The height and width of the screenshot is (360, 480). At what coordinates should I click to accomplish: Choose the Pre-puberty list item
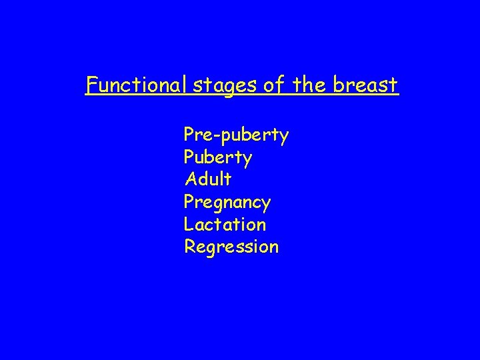tap(236, 136)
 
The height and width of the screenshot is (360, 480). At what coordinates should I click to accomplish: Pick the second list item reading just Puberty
tap(218, 159)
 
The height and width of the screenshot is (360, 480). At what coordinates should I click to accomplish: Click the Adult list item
tap(208, 179)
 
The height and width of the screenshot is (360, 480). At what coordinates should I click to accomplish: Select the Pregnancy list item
tap(227, 202)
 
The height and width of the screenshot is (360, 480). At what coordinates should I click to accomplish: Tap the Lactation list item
tap(225, 224)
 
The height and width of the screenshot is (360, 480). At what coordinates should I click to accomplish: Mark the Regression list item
tap(231, 247)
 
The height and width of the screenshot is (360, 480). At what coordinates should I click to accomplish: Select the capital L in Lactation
tap(189, 224)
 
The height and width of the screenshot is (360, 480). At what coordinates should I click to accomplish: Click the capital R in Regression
tap(190, 247)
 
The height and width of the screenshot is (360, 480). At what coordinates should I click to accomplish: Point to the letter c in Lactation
tap(211, 225)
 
